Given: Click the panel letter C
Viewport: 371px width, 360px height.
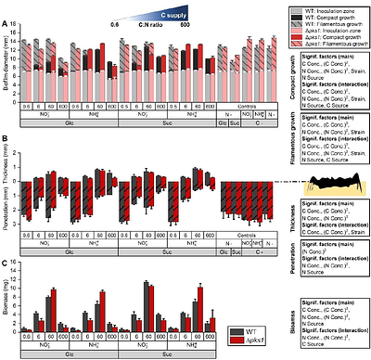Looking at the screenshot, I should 4,264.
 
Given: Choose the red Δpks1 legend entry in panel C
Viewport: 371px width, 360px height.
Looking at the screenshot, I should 247,340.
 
